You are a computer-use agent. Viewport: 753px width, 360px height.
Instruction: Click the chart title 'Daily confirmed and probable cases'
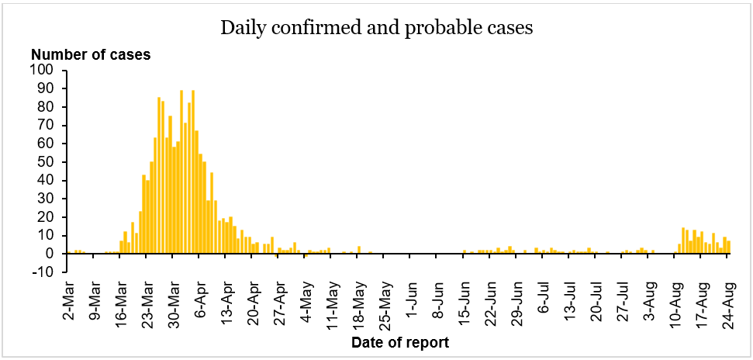[377, 29]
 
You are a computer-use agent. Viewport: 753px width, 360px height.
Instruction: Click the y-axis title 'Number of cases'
[91, 54]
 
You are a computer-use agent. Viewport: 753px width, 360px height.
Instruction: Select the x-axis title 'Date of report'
[399, 342]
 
